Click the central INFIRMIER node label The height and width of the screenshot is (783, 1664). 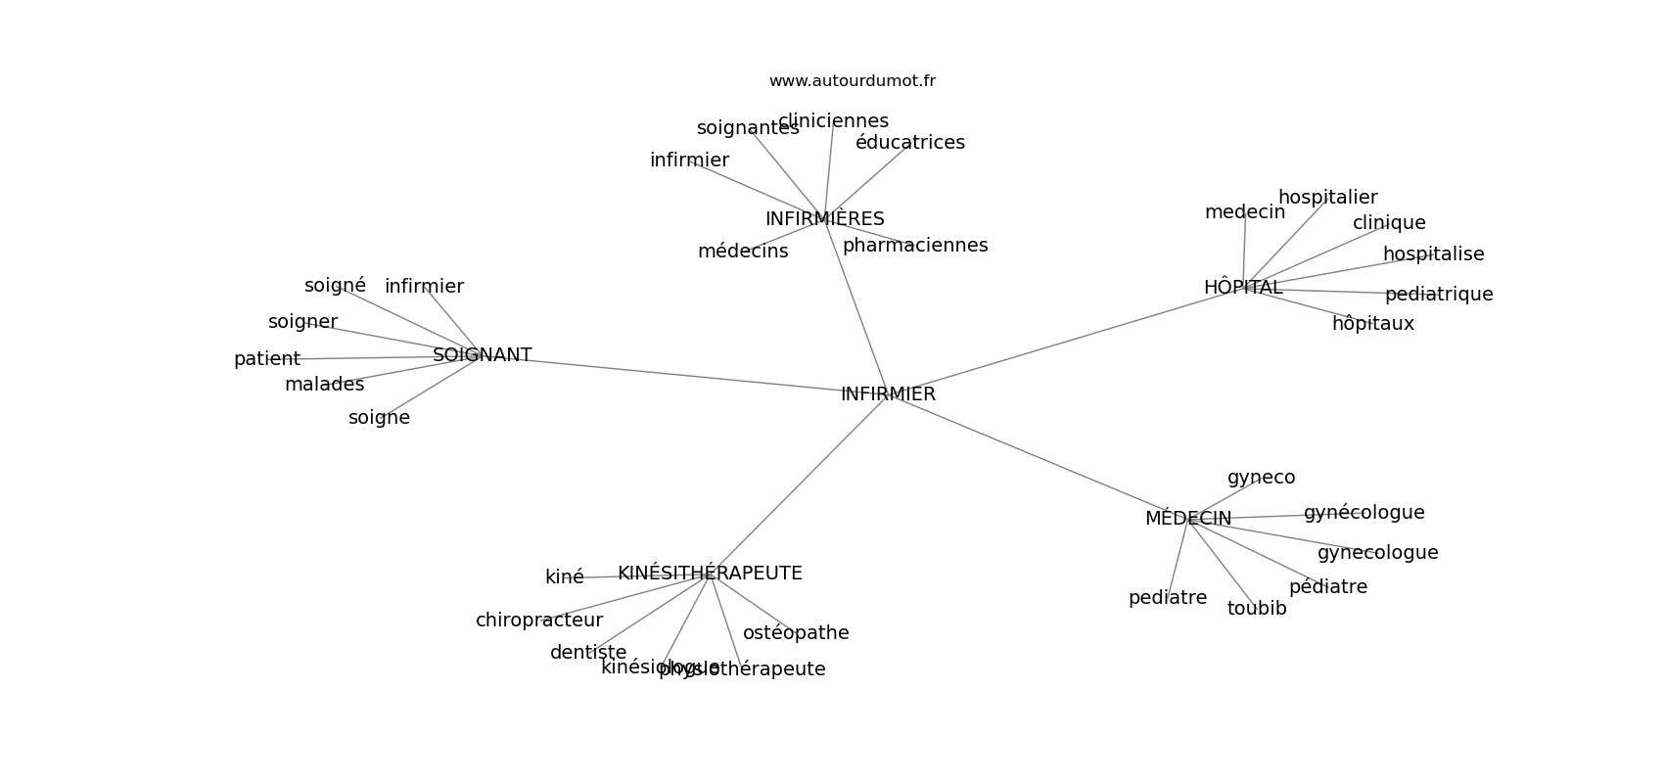[x=888, y=394]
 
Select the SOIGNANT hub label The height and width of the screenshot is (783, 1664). [x=482, y=355]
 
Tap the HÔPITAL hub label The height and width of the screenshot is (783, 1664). [x=1242, y=288]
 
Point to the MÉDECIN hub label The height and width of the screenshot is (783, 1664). [x=1187, y=519]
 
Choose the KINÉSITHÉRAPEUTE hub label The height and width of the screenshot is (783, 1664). [x=710, y=574]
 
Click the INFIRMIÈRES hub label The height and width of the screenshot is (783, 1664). [x=824, y=219]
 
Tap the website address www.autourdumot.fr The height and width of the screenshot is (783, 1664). [x=852, y=81]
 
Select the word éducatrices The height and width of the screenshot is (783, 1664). [x=909, y=143]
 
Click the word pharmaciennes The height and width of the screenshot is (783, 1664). [x=914, y=246]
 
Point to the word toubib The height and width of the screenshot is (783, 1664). [x=1256, y=609]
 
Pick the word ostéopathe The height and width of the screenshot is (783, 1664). [x=795, y=633]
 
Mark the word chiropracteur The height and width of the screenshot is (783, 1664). [x=538, y=621]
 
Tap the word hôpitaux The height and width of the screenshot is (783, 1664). [x=1372, y=324]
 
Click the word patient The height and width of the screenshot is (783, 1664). [x=266, y=359]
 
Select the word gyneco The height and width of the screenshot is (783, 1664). [x=1261, y=478]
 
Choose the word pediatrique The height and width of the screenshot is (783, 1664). [x=1438, y=295]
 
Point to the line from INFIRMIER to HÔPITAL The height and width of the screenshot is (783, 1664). [x=1067, y=340]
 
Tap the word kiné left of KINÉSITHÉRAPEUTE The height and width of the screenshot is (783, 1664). [x=564, y=577]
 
